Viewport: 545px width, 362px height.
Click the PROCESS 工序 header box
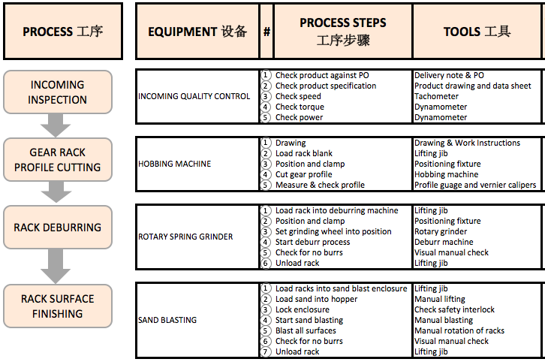[62, 32]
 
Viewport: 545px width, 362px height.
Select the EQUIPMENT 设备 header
[197, 32]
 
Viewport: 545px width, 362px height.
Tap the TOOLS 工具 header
[477, 32]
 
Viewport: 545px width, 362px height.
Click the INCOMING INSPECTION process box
[57, 92]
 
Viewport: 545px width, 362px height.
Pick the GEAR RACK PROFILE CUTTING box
[57, 160]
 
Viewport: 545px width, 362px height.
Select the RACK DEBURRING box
[57, 228]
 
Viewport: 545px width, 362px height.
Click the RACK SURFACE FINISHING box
[57, 306]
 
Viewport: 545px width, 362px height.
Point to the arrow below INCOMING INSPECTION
[56, 125]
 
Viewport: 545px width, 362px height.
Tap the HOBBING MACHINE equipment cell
[174, 164]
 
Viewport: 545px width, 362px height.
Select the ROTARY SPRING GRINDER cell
[185, 237]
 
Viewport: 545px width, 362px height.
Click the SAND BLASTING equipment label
[167, 320]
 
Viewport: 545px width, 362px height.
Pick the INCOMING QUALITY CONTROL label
[194, 96]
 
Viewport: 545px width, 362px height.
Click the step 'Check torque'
[300, 107]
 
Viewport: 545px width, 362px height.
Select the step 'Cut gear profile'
[303, 174]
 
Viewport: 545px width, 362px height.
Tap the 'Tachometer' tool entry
[436, 96]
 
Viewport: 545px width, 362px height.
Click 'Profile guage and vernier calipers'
[475, 185]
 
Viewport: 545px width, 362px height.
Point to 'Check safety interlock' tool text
[454, 309]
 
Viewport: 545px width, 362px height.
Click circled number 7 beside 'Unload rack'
[266, 351]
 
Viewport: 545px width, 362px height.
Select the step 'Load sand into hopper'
[315, 299]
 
